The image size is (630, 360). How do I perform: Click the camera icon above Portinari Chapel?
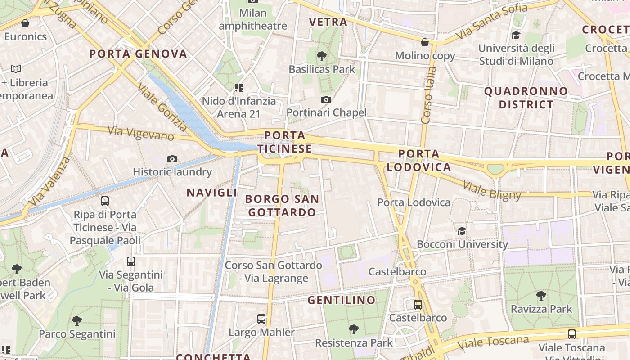coord(326,99)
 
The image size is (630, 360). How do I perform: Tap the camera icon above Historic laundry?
coord(172,159)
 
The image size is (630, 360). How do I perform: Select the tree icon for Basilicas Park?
coord(321,56)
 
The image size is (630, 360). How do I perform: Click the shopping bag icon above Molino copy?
coord(424,42)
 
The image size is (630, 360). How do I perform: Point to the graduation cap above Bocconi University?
coord(462,231)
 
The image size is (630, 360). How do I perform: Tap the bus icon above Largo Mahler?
coord(261,319)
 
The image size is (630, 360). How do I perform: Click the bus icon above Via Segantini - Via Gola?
coord(131,261)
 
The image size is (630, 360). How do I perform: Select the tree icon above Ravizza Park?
coord(541,296)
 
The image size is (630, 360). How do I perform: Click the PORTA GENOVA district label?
coord(138,54)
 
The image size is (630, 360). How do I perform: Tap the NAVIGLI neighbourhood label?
coord(212,193)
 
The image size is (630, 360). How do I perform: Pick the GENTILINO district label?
coord(342,300)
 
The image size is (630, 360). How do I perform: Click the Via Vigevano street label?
coord(141,133)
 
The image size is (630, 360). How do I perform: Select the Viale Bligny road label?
coord(491,191)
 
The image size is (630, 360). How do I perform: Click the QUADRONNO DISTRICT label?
coord(526,98)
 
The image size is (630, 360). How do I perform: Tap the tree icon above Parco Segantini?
coord(77,321)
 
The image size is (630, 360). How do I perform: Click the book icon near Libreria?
coord(16,69)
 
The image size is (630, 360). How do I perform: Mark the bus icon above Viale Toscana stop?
coord(571,334)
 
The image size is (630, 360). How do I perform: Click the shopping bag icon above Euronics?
coord(25,23)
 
